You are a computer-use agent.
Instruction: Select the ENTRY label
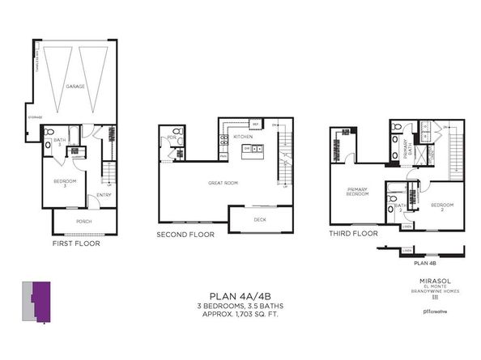(x=104, y=194)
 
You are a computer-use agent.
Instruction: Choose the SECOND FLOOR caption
(x=185, y=235)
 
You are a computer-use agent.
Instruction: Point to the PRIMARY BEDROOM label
(x=358, y=192)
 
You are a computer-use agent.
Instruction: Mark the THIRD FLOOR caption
(x=353, y=233)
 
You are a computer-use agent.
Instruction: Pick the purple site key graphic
(x=39, y=303)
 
